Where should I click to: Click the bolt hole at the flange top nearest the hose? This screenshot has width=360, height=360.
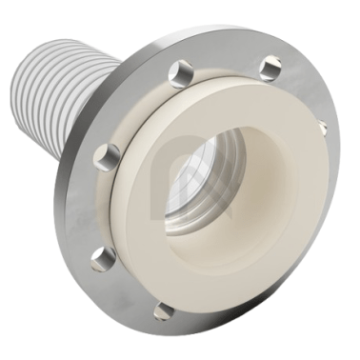[180, 70]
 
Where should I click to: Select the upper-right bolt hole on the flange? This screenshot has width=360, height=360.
[270, 67]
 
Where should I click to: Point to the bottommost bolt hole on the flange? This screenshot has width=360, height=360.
[163, 310]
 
